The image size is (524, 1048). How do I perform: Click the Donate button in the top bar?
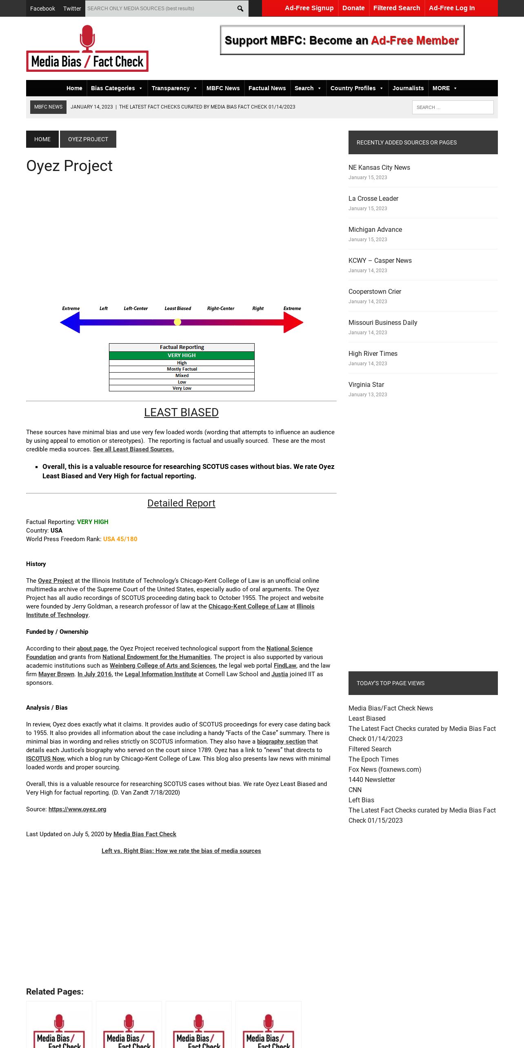click(x=353, y=8)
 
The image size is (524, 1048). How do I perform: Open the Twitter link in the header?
click(x=72, y=9)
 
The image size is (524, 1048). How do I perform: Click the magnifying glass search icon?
click(x=240, y=9)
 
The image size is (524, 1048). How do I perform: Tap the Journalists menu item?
click(x=408, y=88)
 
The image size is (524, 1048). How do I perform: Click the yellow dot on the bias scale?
click(x=178, y=322)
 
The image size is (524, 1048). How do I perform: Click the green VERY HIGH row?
click(x=182, y=355)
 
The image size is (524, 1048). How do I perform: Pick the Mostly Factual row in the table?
click(x=182, y=369)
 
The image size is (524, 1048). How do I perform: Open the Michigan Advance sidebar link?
click(x=375, y=229)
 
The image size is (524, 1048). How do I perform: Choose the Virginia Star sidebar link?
click(x=366, y=384)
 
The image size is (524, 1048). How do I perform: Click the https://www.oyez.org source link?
click(x=77, y=809)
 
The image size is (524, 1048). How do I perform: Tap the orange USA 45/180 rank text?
click(x=120, y=539)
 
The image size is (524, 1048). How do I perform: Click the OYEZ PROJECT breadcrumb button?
click(x=88, y=139)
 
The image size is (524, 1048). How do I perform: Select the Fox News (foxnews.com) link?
click(x=384, y=769)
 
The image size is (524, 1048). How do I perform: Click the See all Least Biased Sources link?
click(x=133, y=449)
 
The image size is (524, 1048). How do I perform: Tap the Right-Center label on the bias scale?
click(x=220, y=309)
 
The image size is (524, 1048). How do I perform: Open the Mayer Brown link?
click(x=56, y=674)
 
